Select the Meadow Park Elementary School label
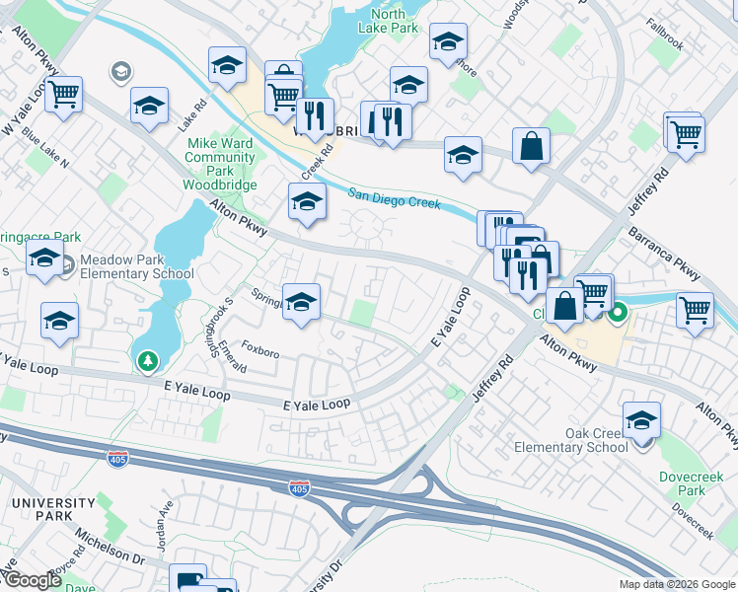tap(137, 266)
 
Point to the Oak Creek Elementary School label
tap(571, 440)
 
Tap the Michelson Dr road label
tap(110, 553)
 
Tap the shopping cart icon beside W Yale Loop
tap(64, 97)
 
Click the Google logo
tap(32, 580)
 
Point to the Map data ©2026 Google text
tap(677, 584)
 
